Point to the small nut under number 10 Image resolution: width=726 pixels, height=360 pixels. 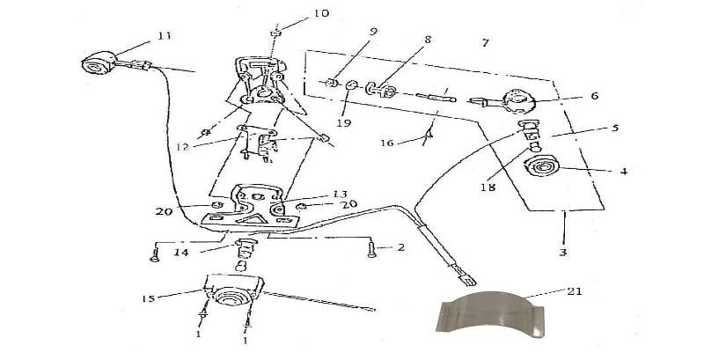275,34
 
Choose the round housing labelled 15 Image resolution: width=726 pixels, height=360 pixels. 231,297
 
